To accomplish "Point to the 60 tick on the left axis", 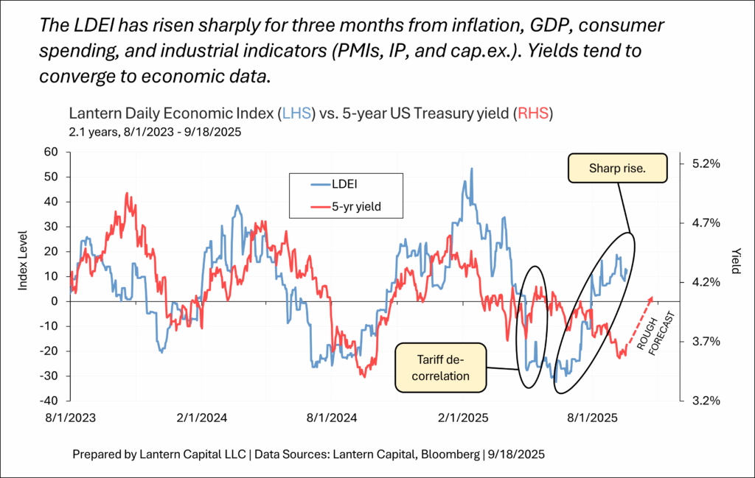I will pos(50,152).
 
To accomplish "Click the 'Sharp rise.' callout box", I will pos(617,169).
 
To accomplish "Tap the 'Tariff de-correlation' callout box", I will pos(441,366).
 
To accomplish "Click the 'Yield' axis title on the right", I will pos(735,259).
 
